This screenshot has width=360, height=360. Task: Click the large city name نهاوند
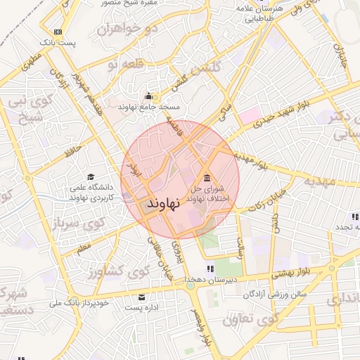pyautogui.click(x=161, y=203)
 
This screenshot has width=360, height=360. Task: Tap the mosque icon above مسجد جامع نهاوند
pyautogui.click(x=148, y=96)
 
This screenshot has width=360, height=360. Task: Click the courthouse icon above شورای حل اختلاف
pyautogui.click(x=207, y=177)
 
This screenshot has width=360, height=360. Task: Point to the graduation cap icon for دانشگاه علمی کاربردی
pyautogui.click(x=90, y=177)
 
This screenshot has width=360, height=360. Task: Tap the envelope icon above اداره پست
pyautogui.click(x=143, y=297)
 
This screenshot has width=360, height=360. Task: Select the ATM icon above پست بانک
pyautogui.click(x=58, y=32)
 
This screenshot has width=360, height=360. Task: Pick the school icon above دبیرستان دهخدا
pyautogui.click(x=209, y=269)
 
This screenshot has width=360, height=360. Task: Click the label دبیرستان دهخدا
pyautogui.click(x=210, y=280)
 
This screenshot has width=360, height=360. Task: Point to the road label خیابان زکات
pyautogui.click(x=265, y=202)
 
